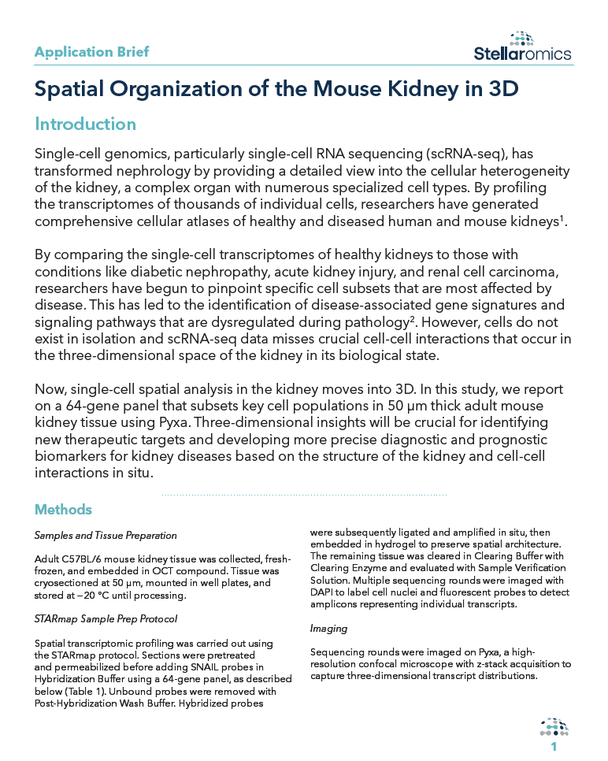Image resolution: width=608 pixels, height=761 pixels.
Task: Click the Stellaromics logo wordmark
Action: (x=522, y=54)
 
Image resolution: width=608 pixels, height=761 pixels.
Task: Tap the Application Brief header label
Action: (x=91, y=52)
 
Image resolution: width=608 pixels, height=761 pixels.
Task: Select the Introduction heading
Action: (x=85, y=124)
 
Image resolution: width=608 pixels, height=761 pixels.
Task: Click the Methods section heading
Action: (x=63, y=510)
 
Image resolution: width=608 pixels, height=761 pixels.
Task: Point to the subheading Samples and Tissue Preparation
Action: (x=106, y=536)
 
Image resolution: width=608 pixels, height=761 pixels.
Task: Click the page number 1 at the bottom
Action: (x=554, y=747)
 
